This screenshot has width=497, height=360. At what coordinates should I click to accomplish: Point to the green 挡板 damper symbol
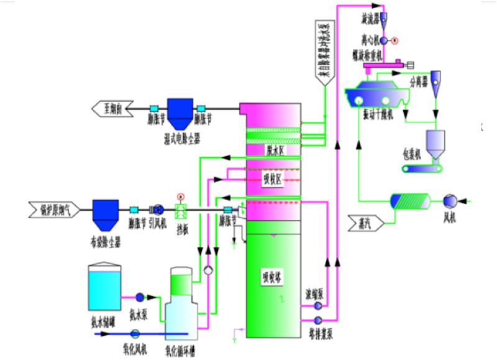coord(181,210)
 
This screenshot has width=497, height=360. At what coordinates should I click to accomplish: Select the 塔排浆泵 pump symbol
coord(318,320)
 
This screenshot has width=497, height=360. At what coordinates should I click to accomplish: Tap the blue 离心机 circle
coord(383,40)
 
